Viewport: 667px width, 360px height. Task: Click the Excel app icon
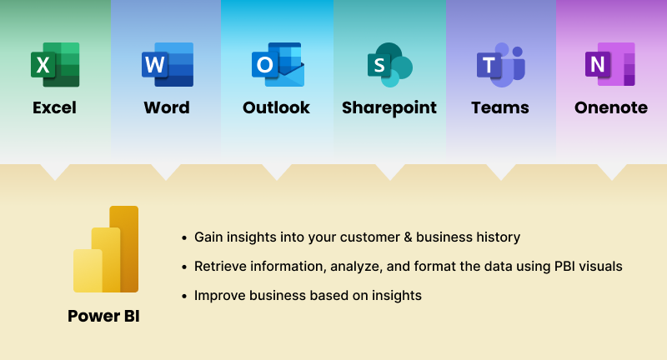click(x=55, y=65)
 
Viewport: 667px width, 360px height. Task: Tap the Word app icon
click(x=168, y=65)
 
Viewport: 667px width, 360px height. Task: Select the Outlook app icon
click(x=278, y=65)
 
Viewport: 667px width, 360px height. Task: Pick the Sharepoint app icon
click(x=389, y=65)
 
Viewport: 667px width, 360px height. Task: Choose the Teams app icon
click(x=501, y=65)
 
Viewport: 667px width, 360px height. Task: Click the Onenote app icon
click(x=610, y=64)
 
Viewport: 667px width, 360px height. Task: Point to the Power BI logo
click(x=106, y=249)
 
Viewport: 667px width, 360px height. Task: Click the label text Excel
click(x=54, y=107)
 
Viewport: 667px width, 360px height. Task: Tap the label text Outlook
click(x=276, y=107)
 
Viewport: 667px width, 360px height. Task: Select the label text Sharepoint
click(x=389, y=108)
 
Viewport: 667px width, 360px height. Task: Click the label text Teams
click(x=500, y=107)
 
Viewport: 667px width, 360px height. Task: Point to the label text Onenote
click(x=611, y=107)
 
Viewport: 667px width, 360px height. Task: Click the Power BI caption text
click(x=103, y=316)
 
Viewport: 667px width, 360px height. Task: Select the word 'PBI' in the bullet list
click(x=564, y=267)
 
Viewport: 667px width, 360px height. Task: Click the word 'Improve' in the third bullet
click(x=219, y=296)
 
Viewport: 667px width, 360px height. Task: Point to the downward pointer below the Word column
click(x=166, y=172)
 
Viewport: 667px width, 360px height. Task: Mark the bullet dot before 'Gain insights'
click(x=184, y=237)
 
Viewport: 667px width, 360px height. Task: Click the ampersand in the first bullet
click(x=408, y=237)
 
